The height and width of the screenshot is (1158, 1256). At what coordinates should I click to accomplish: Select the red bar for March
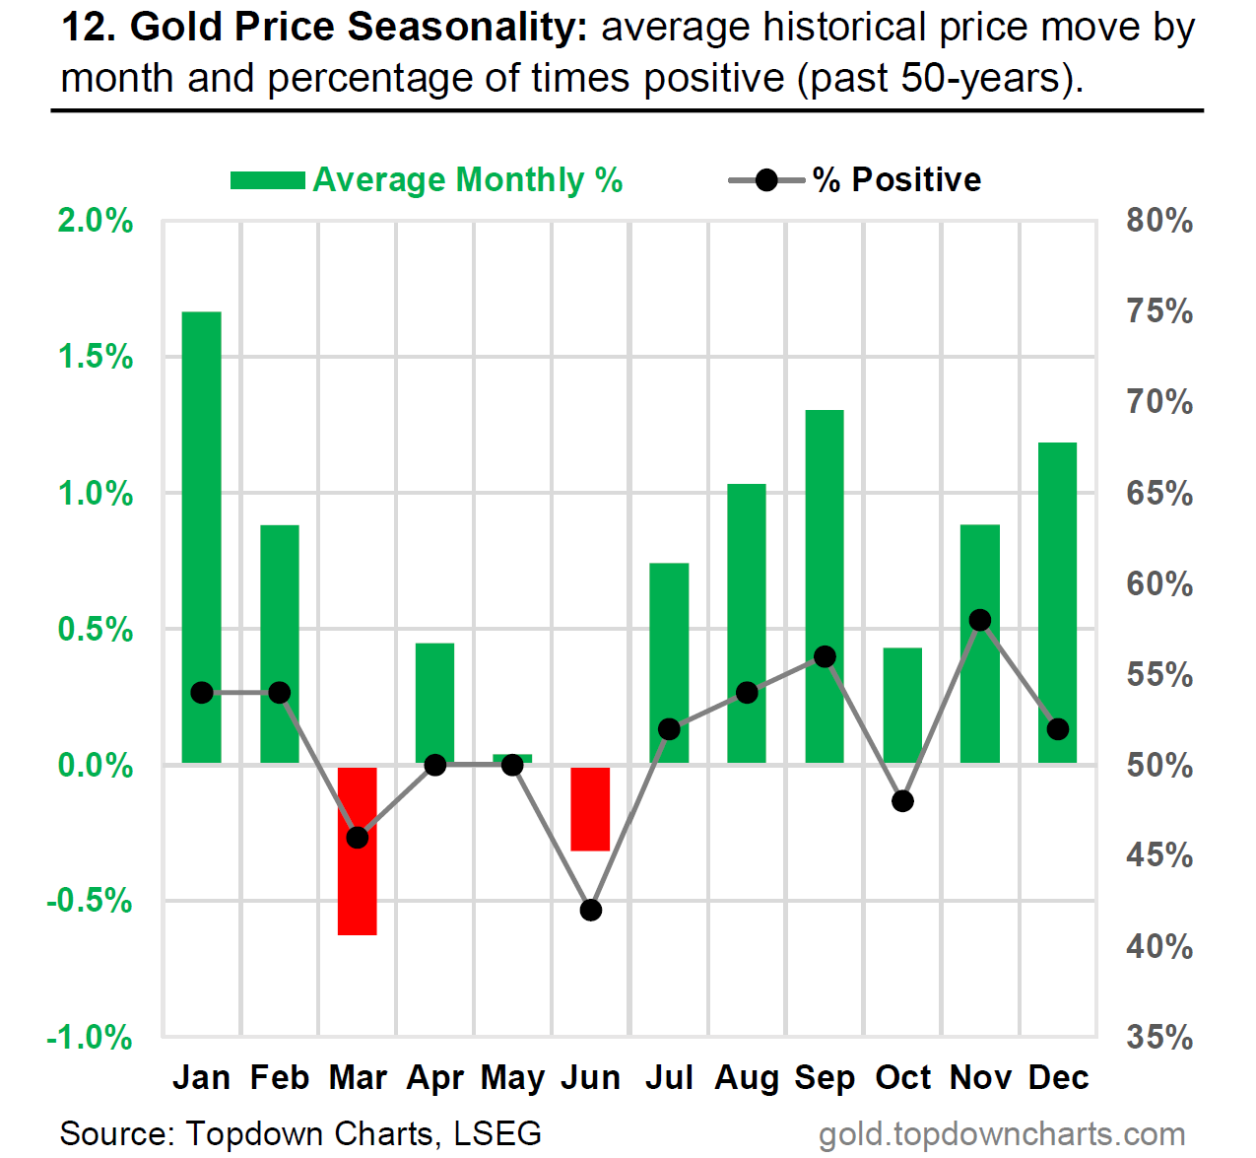(358, 887)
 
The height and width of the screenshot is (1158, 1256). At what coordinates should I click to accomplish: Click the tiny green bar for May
(512, 758)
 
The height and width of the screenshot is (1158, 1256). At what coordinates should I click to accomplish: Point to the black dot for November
(980, 620)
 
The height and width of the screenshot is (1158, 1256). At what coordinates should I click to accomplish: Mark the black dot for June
(591, 910)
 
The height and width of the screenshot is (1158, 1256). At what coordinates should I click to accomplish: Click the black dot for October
(902, 801)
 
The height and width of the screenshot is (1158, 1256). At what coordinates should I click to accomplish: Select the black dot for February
(280, 693)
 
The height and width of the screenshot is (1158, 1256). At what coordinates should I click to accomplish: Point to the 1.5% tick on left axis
(96, 357)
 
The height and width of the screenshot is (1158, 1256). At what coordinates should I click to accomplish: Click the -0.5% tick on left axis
(90, 901)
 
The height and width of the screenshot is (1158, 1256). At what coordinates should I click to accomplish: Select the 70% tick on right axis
(1159, 402)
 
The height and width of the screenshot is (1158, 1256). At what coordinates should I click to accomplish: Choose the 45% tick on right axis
(1159, 855)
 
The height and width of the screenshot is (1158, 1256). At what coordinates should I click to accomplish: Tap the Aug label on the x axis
(747, 1078)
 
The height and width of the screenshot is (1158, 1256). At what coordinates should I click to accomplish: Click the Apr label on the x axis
(435, 1078)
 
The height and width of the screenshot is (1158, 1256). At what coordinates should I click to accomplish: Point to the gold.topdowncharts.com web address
(1002, 1135)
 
